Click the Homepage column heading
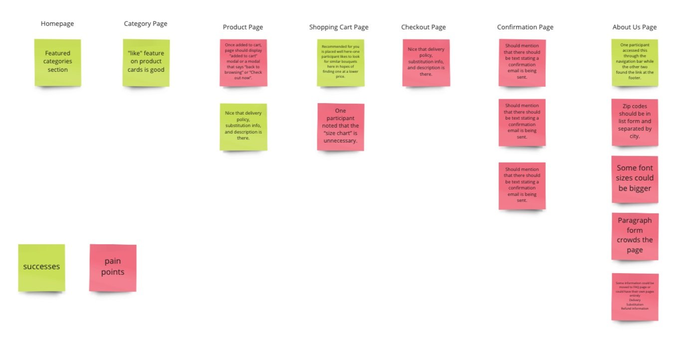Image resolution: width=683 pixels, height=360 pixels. click(57, 23)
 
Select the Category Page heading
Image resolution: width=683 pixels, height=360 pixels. click(146, 23)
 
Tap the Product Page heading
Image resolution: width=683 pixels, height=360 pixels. click(243, 27)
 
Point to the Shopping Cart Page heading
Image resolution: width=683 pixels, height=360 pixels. click(339, 27)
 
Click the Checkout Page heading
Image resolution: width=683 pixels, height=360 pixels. click(424, 27)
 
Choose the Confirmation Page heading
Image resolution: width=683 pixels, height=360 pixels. click(525, 27)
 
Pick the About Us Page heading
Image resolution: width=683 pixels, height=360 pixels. click(635, 27)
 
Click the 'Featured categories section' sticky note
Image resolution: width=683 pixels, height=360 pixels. click(58, 62)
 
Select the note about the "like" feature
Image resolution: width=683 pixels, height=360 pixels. click(146, 62)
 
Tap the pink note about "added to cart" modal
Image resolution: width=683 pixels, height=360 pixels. click(243, 62)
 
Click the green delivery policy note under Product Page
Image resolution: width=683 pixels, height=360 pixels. click(243, 126)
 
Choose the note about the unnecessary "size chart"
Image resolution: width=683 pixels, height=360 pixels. click(341, 126)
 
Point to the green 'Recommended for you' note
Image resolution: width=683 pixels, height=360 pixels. click(341, 62)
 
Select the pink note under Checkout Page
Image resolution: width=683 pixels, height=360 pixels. click(426, 62)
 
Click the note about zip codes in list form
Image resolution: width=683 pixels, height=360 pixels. click(635, 122)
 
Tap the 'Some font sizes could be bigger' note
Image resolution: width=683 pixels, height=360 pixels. click(635, 179)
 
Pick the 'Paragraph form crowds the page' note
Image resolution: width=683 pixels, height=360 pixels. click(635, 236)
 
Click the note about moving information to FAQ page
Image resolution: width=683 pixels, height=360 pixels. click(635, 296)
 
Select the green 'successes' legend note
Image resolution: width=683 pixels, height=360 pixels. click(42, 267)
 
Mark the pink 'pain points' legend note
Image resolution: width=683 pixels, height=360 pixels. click(113, 267)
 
